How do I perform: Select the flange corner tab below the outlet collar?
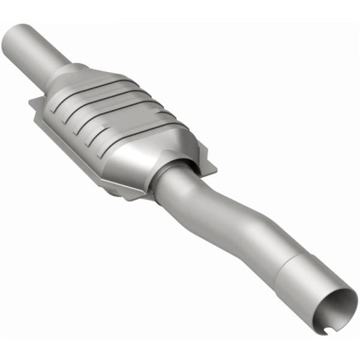114,193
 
